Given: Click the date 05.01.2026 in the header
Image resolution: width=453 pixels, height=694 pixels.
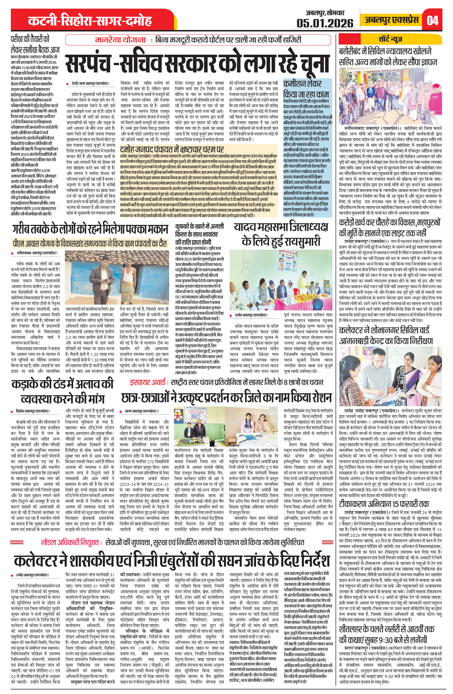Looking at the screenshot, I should point(325,23).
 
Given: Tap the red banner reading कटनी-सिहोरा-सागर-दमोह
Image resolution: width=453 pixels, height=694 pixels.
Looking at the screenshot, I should point(90,21).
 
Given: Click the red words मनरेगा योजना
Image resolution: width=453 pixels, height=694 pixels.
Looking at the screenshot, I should point(120,40).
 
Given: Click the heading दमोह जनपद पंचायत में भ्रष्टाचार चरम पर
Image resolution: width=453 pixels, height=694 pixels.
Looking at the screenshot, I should point(172,150).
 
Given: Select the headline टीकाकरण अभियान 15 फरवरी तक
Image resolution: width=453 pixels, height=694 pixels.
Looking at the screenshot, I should point(384,503).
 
